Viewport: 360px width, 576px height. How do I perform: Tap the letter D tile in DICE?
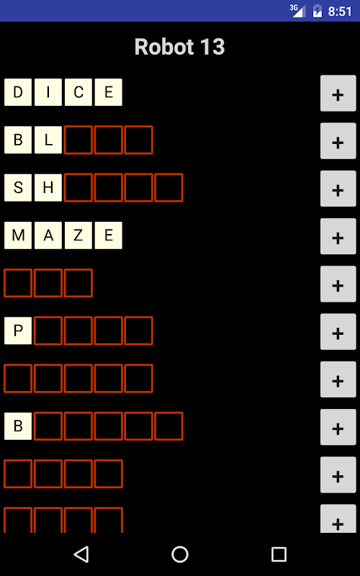click(x=18, y=92)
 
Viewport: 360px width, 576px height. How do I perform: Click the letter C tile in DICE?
click(x=78, y=92)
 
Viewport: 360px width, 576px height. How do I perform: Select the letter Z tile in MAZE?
click(x=78, y=235)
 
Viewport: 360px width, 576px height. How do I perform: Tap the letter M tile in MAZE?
click(x=18, y=235)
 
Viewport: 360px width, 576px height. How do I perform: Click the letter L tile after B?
click(x=48, y=140)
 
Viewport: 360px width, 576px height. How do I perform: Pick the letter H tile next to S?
click(x=48, y=188)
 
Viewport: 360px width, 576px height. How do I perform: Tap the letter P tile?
click(x=18, y=330)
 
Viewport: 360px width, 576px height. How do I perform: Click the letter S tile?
click(x=18, y=188)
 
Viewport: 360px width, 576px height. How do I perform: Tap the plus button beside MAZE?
click(x=338, y=236)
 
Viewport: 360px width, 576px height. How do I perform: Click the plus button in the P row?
click(x=338, y=332)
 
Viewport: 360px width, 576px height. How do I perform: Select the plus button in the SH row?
click(x=338, y=189)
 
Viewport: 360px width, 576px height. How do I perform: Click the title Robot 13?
click(x=179, y=47)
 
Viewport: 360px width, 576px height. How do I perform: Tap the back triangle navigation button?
click(x=81, y=554)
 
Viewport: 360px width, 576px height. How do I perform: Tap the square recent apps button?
click(x=279, y=554)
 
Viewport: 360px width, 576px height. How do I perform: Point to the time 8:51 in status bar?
click(x=340, y=12)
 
